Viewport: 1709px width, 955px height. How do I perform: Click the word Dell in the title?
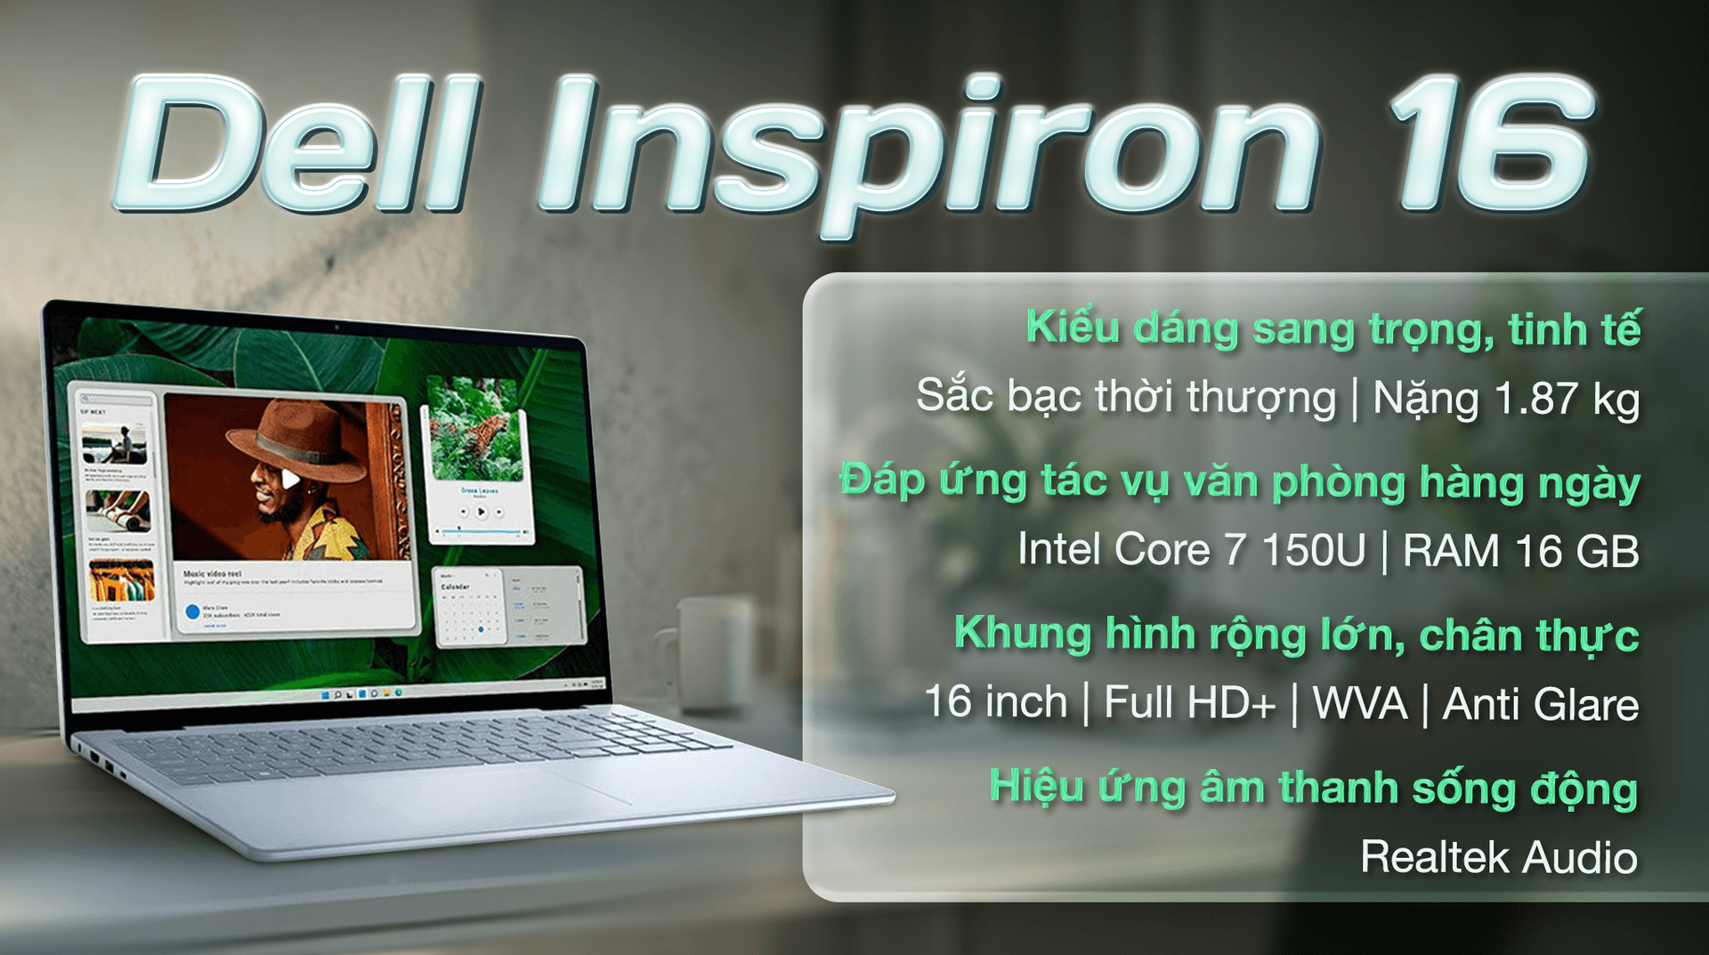298,147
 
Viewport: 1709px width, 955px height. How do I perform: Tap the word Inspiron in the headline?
926,151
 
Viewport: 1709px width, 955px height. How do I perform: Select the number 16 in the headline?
1491,147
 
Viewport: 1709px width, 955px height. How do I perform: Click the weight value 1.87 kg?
1567,399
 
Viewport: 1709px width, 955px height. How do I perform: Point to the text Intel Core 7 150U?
1191,550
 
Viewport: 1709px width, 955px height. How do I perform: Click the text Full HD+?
1189,703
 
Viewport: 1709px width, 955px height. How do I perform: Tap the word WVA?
1360,704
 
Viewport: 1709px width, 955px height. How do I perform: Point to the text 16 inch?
995,702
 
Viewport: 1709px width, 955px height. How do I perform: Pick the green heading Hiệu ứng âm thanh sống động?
1313,789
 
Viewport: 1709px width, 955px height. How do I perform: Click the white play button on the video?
290,480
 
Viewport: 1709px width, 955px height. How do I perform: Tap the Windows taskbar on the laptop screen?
356,693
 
